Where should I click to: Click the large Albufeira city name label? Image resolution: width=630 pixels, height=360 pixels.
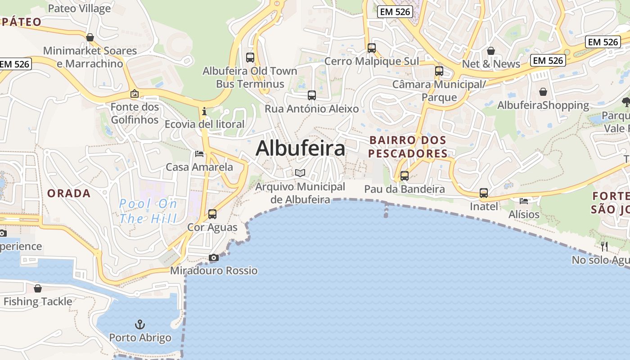coord(300,148)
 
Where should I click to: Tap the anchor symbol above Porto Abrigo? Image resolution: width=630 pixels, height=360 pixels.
coord(140,324)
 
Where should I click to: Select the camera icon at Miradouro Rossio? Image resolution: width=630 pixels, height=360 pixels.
coord(214,258)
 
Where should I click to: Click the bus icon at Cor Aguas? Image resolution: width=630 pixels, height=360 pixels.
coord(212,214)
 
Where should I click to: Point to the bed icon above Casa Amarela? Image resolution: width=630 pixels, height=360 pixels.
coord(199,154)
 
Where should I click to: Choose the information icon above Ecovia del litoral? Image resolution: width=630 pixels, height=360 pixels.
coord(204,111)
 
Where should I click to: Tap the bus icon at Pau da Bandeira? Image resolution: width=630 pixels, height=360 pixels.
coord(405,176)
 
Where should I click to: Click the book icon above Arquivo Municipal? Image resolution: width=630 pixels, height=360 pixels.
coord(300,173)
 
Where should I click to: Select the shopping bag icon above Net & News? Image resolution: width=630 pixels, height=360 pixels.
coord(491,51)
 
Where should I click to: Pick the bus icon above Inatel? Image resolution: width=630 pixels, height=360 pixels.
coord(484,193)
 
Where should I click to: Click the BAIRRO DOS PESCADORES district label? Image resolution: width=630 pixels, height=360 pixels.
coord(408,147)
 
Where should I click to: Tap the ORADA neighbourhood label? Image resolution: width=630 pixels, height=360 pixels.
coord(69,193)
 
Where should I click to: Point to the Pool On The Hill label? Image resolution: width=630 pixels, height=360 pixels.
coord(148,211)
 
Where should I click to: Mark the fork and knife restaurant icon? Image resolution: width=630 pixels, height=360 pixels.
coord(604,246)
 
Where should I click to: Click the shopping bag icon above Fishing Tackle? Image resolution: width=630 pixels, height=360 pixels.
coord(38,288)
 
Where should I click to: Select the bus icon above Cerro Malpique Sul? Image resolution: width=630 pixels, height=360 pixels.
coord(372,48)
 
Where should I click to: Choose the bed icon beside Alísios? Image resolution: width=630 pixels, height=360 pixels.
coord(524,201)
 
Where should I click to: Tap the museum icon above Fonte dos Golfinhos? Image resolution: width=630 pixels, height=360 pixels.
coord(134,94)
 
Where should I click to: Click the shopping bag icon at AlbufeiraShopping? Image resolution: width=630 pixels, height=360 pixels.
coord(543,92)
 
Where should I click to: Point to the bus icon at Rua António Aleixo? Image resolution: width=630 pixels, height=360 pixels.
coord(312,95)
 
